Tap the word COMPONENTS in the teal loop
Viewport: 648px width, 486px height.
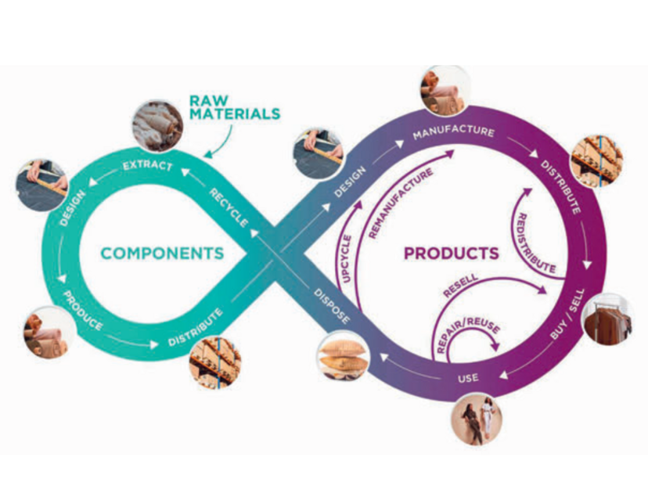point(162,253)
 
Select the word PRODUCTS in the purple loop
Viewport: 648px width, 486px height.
point(451,253)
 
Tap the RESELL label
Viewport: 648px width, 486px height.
point(461,285)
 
